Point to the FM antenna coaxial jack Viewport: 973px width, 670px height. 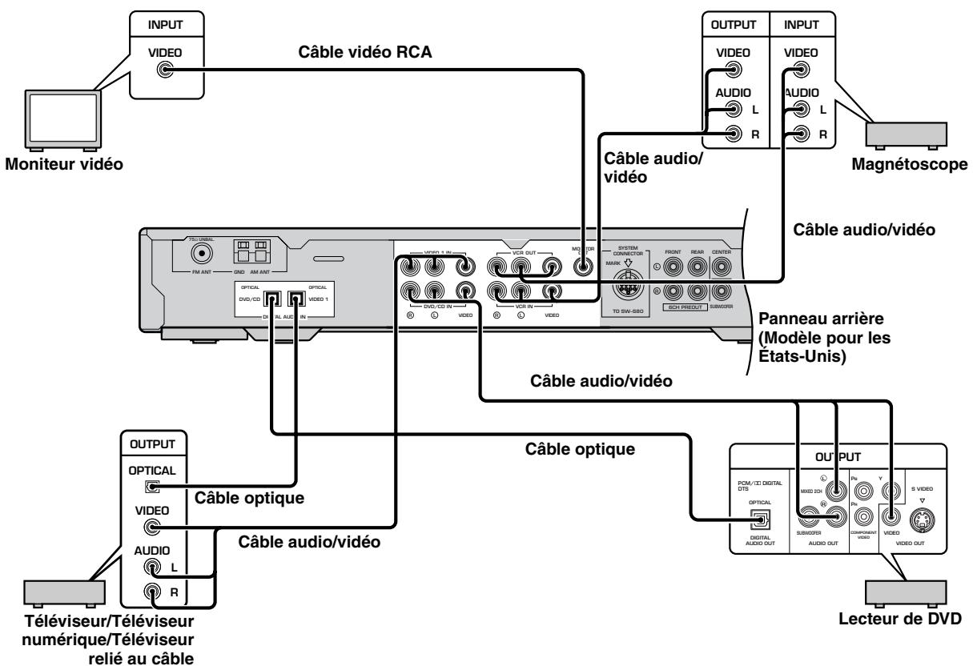[x=200, y=255]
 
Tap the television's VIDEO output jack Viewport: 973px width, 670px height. [x=148, y=528]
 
